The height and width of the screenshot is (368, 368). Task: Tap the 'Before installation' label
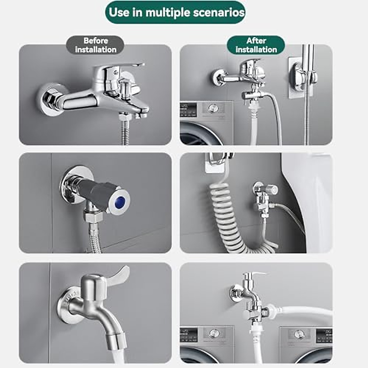click(x=95, y=45)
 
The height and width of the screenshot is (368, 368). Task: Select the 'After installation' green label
click(x=256, y=45)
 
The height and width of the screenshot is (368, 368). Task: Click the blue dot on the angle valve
click(x=120, y=202)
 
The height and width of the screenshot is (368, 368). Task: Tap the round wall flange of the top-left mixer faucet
click(x=49, y=99)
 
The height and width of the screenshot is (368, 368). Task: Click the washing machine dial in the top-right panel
click(x=212, y=108)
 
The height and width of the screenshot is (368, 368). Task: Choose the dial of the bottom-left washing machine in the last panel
click(x=214, y=334)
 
